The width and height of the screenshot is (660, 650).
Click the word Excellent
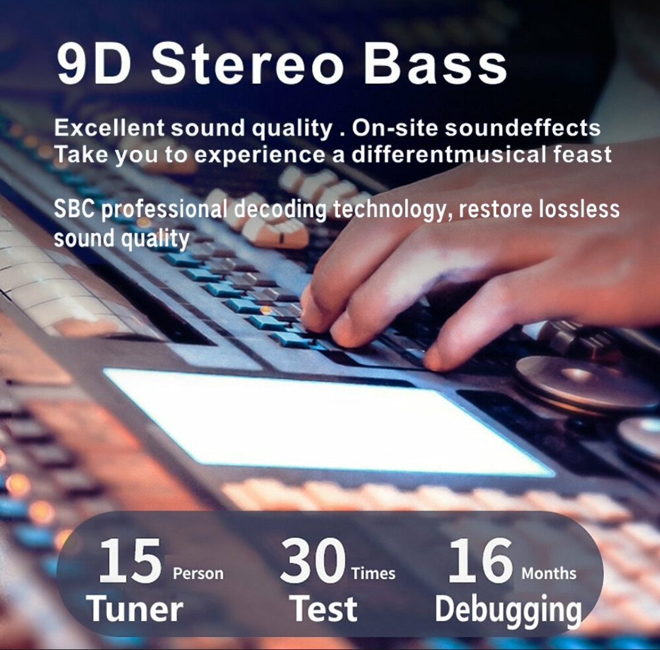[109, 127]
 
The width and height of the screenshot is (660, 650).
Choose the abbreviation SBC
[74, 209]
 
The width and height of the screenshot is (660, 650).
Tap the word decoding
[280, 210]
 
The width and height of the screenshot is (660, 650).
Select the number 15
[130, 561]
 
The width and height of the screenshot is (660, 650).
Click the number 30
[313, 561]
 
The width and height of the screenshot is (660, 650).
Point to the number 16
[480, 561]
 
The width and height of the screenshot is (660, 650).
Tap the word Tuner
[134, 608]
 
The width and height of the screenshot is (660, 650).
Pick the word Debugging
[508, 611]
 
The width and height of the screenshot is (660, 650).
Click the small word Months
[549, 574]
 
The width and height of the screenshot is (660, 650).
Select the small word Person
[198, 574]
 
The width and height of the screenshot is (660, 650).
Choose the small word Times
[373, 574]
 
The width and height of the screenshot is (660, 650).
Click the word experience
[259, 155]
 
